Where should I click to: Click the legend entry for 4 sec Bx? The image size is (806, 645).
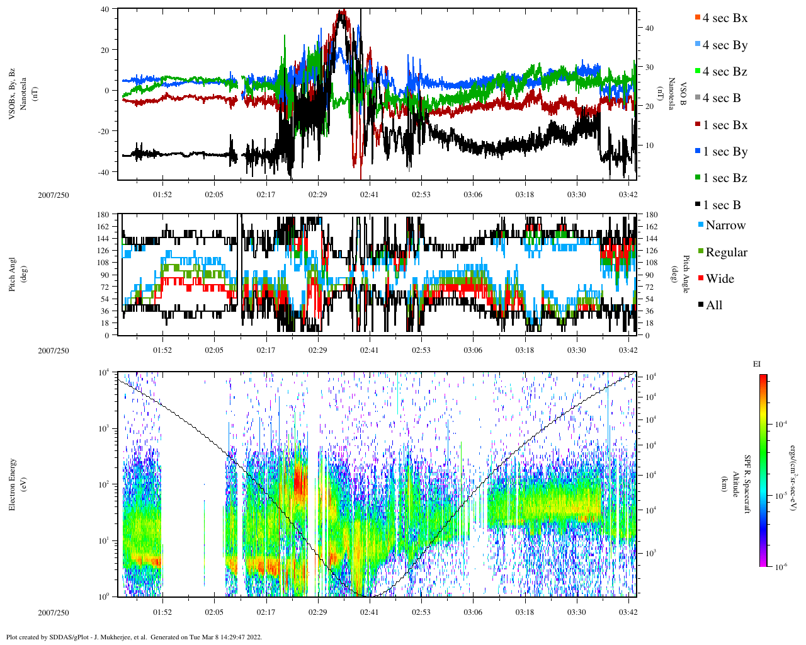pos(724,18)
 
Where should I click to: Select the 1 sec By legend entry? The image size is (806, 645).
pos(724,152)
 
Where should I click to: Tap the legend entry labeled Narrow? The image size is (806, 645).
pos(725,225)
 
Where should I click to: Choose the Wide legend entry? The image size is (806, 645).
pos(719,279)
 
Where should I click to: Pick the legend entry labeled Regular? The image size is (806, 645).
pos(726,253)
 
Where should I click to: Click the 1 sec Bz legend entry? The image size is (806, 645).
pos(724,178)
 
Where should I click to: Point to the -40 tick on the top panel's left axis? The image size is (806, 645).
pos(102,172)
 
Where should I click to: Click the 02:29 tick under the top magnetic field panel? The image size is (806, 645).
pos(317,195)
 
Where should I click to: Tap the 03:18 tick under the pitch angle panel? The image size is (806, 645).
pos(525,350)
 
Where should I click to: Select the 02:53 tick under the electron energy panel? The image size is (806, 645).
pos(421,612)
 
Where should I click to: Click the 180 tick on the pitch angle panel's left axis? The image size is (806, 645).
pos(103,215)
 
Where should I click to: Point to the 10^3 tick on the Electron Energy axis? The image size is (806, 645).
pos(104,428)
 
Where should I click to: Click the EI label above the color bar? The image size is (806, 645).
pos(758,364)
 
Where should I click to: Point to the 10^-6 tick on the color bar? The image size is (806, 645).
pos(779,567)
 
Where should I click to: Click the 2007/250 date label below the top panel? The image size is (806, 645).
pos(54,195)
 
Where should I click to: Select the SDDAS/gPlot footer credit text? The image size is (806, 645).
pos(134,637)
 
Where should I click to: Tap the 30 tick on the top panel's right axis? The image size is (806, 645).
pos(649,67)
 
